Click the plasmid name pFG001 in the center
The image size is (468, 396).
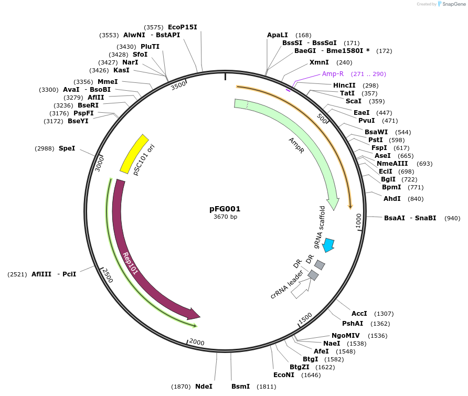225,208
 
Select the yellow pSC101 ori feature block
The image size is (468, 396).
134,153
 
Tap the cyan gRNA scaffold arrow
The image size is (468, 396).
329,245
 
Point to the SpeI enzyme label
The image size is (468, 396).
67,148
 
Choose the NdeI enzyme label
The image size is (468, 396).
204,387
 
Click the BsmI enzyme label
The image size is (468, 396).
241,387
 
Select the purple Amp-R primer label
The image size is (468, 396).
333,74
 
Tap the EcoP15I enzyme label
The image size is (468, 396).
183,27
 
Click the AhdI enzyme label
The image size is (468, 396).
392,199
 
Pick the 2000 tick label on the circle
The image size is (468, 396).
196,342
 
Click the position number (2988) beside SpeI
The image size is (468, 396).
45,148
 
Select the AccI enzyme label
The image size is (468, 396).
359,313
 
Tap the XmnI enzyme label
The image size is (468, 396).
319,62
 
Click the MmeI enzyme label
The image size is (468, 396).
108,82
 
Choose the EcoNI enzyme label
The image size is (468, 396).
284,375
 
